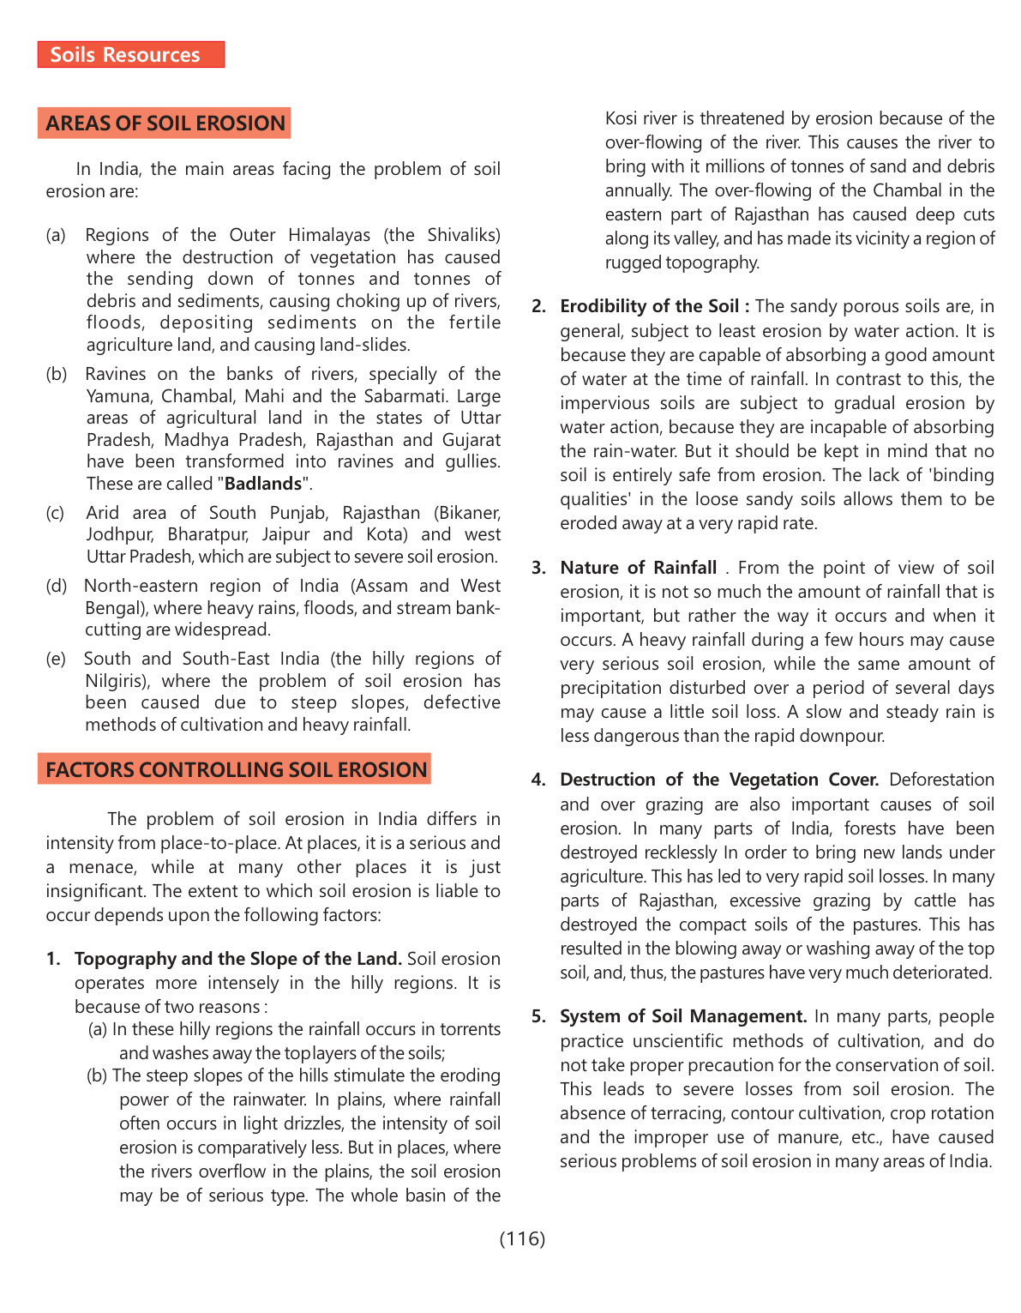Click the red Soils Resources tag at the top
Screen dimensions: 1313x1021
point(130,55)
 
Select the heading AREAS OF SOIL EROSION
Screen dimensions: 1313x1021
point(165,123)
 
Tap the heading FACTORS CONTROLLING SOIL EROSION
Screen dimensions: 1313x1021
point(236,769)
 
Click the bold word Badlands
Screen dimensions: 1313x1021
point(263,484)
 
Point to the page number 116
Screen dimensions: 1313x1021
point(522,1238)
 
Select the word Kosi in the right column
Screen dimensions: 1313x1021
point(622,118)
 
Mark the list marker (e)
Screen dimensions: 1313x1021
point(56,659)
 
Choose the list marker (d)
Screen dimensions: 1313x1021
point(56,586)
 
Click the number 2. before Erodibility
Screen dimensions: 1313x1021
point(538,307)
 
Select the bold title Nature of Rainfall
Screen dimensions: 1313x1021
point(638,568)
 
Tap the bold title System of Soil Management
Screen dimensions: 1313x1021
point(682,1016)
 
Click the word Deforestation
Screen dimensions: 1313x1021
point(941,780)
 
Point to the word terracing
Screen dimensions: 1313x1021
point(657,1113)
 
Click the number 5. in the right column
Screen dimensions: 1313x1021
point(538,1017)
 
